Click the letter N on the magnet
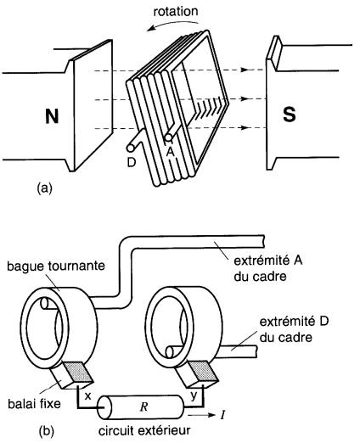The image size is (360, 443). tap(52, 116)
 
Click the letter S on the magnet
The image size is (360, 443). tap(290, 115)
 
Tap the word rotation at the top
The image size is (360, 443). tap(176, 12)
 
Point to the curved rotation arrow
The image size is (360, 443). tap(173, 25)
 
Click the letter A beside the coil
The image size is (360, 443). tap(170, 153)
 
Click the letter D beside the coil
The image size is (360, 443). tap(132, 162)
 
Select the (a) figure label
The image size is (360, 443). tap(45, 188)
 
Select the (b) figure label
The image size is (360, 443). tap(46, 431)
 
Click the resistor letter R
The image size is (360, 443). tap(143, 407)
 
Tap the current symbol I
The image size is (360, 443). tap(223, 415)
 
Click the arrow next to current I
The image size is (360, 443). tap(201, 415)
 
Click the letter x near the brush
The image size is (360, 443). tap(88, 396)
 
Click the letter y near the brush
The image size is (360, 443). tap(194, 396)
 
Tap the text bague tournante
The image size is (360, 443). tap(56, 266)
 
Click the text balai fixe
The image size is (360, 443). tap(34, 404)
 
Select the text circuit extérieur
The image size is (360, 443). tap(144, 430)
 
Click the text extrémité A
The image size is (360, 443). tap(268, 261)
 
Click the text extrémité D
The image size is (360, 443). tap(294, 322)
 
